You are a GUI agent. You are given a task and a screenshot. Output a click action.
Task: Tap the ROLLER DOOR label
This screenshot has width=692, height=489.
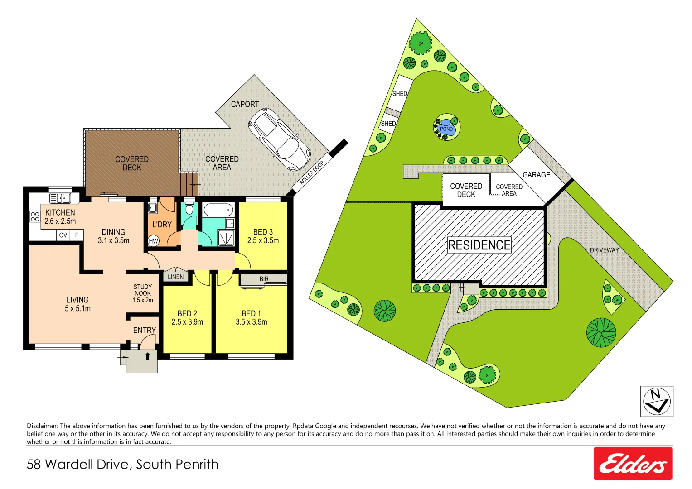[x=312, y=173]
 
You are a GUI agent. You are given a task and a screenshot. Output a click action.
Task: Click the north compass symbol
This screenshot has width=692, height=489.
[x=656, y=401]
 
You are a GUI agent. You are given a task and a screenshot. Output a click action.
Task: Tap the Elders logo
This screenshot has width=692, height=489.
[x=633, y=464]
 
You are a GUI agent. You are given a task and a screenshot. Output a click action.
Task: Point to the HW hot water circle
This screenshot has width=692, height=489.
[x=154, y=241]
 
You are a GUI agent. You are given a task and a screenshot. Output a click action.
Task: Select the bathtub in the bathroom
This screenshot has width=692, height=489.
[x=218, y=210]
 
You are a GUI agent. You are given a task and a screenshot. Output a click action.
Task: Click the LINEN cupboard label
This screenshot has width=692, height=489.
[x=175, y=277]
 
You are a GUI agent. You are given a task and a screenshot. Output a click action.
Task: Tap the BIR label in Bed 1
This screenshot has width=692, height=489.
[x=264, y=279]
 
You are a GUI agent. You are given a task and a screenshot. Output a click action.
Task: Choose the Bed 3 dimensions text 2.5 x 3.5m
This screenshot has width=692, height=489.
[x=263, y=241]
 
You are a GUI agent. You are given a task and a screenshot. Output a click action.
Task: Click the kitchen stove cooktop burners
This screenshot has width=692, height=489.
[x=35, y=216]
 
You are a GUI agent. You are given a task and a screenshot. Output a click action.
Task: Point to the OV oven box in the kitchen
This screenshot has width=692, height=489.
[x=63, y=235]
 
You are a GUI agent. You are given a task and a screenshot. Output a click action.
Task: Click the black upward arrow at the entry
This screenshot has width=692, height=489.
[x=147, y=356]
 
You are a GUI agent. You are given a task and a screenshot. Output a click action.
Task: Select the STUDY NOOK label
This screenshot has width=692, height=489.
[x=143, y=290]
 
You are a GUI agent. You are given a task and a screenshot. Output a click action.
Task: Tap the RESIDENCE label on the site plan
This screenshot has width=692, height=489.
[x=479, y=245]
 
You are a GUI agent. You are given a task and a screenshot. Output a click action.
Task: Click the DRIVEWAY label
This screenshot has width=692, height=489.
[x=604, y=250]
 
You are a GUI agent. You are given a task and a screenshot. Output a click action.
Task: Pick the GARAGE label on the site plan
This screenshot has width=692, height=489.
[x=536, y=175]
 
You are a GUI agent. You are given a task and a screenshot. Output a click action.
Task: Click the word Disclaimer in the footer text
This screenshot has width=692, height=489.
[x=42, y=426]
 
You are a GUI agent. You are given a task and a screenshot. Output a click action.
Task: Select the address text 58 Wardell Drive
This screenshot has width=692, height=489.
[x=80, y=465]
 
